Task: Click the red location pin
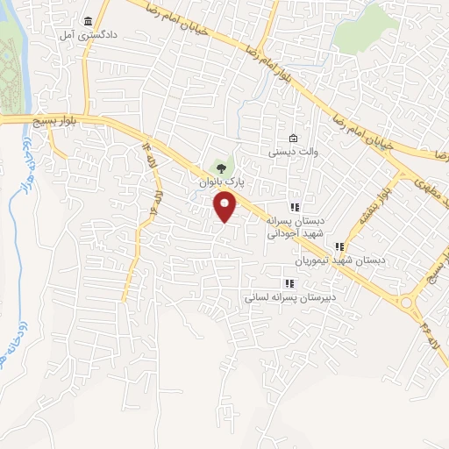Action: coord(225,207)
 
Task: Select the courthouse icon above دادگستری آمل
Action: coord(87,21)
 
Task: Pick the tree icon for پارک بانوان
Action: coord(220,167)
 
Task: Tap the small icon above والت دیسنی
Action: coord(293,138)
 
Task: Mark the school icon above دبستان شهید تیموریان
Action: coord(339,246)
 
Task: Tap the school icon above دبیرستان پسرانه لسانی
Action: coord(289,283)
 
